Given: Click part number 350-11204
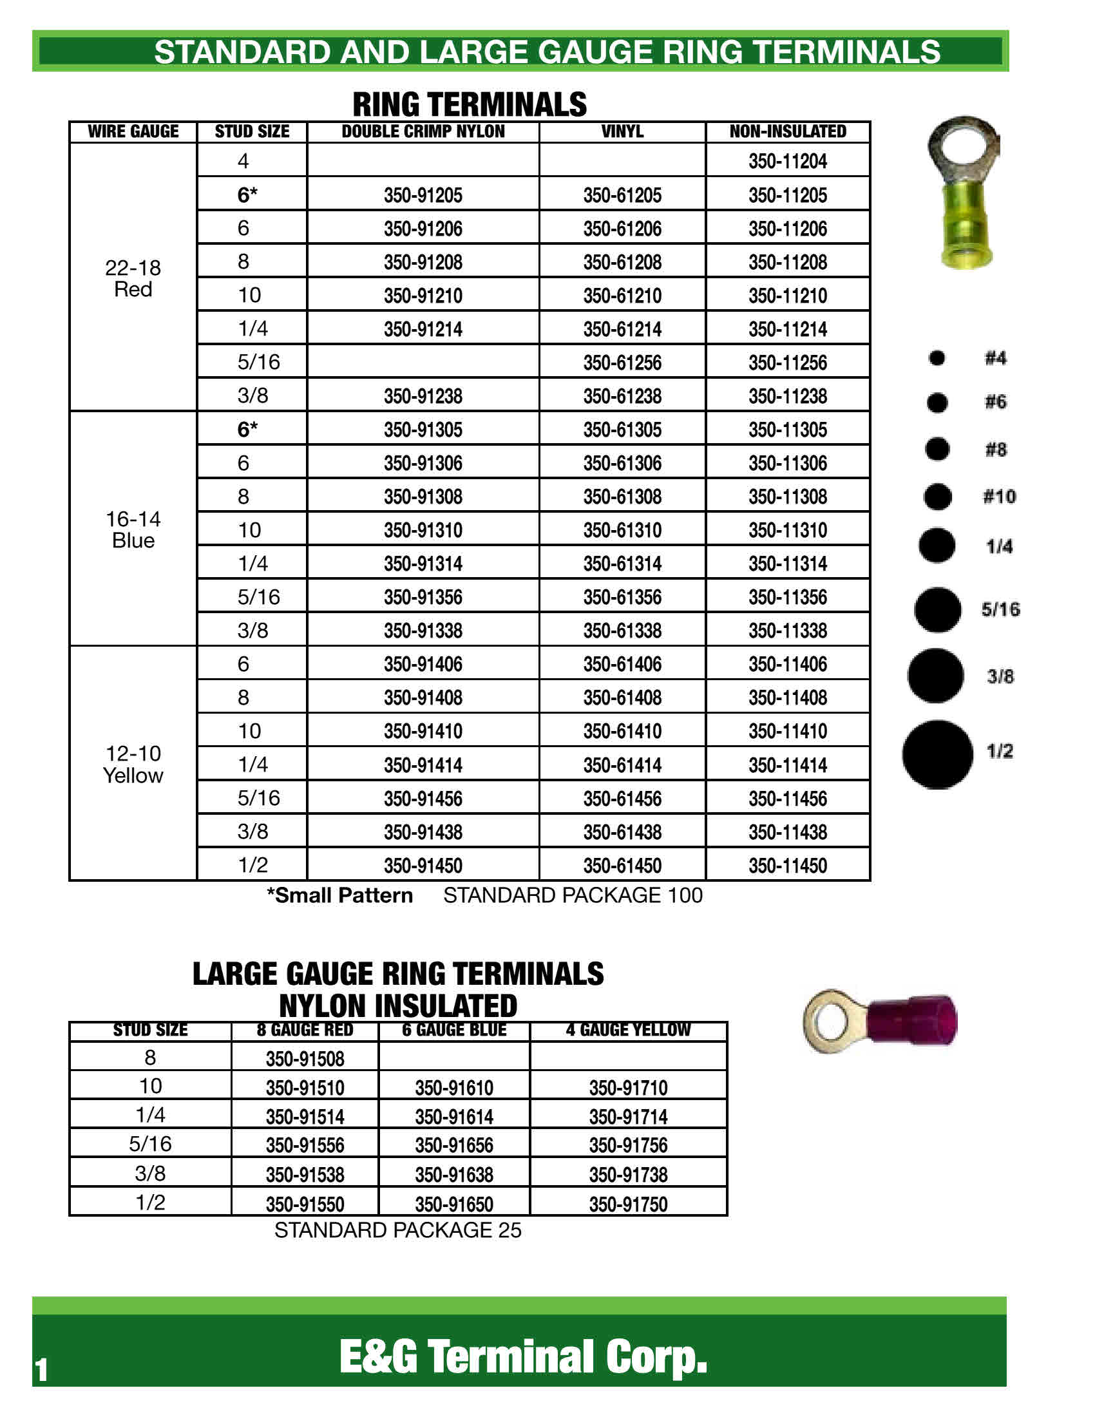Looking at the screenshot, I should click(x=788, y=161).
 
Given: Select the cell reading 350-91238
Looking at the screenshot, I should click(x=423, y=395).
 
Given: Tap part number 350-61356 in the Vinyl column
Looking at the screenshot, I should click(x=622, y=597).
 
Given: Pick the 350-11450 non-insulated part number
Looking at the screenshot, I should click(x=788, y=866).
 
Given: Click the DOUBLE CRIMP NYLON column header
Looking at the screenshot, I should click(x=423, y=131).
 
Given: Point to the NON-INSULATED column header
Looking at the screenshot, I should click(x=788, y=131).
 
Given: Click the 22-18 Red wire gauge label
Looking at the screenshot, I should click(x=133, y=278).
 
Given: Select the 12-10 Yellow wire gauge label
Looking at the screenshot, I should click(x=133, y=765).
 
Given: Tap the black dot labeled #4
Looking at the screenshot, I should click(x=937, y=357).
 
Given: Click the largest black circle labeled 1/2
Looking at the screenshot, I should click(x=937, y=755).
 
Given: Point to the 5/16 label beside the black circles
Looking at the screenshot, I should click(x=1000, y=609).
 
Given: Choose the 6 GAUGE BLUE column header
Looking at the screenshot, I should click(x=454, y=1031).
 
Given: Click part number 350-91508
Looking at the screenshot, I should click(x=305, y=1059).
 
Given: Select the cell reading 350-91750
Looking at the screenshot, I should click(x=628, y=1204).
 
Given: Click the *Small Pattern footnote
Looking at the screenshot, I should click(x=340, y=895).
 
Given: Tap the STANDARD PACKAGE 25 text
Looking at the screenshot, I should click(x=397, y=1230).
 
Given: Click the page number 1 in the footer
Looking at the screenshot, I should click(x=41, y=1370).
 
